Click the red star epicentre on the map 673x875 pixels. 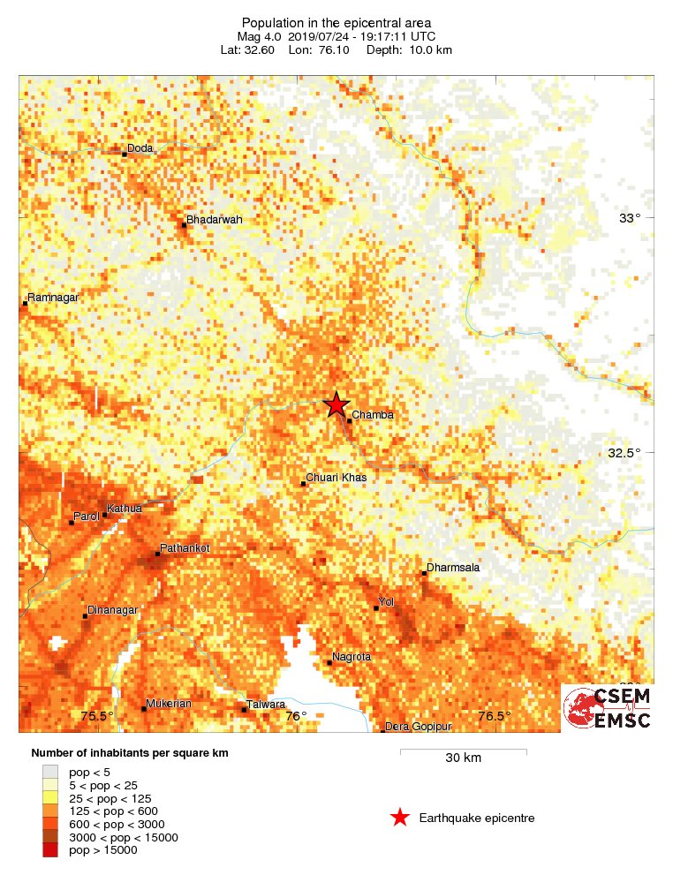point(336,404)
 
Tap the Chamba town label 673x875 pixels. point(372,415)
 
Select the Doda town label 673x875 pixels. point(140,148)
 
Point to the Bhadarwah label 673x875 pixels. point(214,220)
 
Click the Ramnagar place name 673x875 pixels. point(53,298)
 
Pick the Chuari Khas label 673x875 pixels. point(336,478)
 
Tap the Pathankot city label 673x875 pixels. point(186,548)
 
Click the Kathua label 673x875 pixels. point(124,509)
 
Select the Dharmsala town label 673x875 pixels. point(453,568)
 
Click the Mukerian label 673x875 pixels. point(169,704)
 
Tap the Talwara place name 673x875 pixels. point(267,705)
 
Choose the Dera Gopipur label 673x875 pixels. point(420,727)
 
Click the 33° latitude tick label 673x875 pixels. point(629,218)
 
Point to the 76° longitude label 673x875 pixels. point(296,716)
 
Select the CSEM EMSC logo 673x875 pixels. point(608,708)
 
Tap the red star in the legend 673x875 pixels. point(400,818)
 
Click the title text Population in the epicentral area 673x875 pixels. point(336,22)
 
